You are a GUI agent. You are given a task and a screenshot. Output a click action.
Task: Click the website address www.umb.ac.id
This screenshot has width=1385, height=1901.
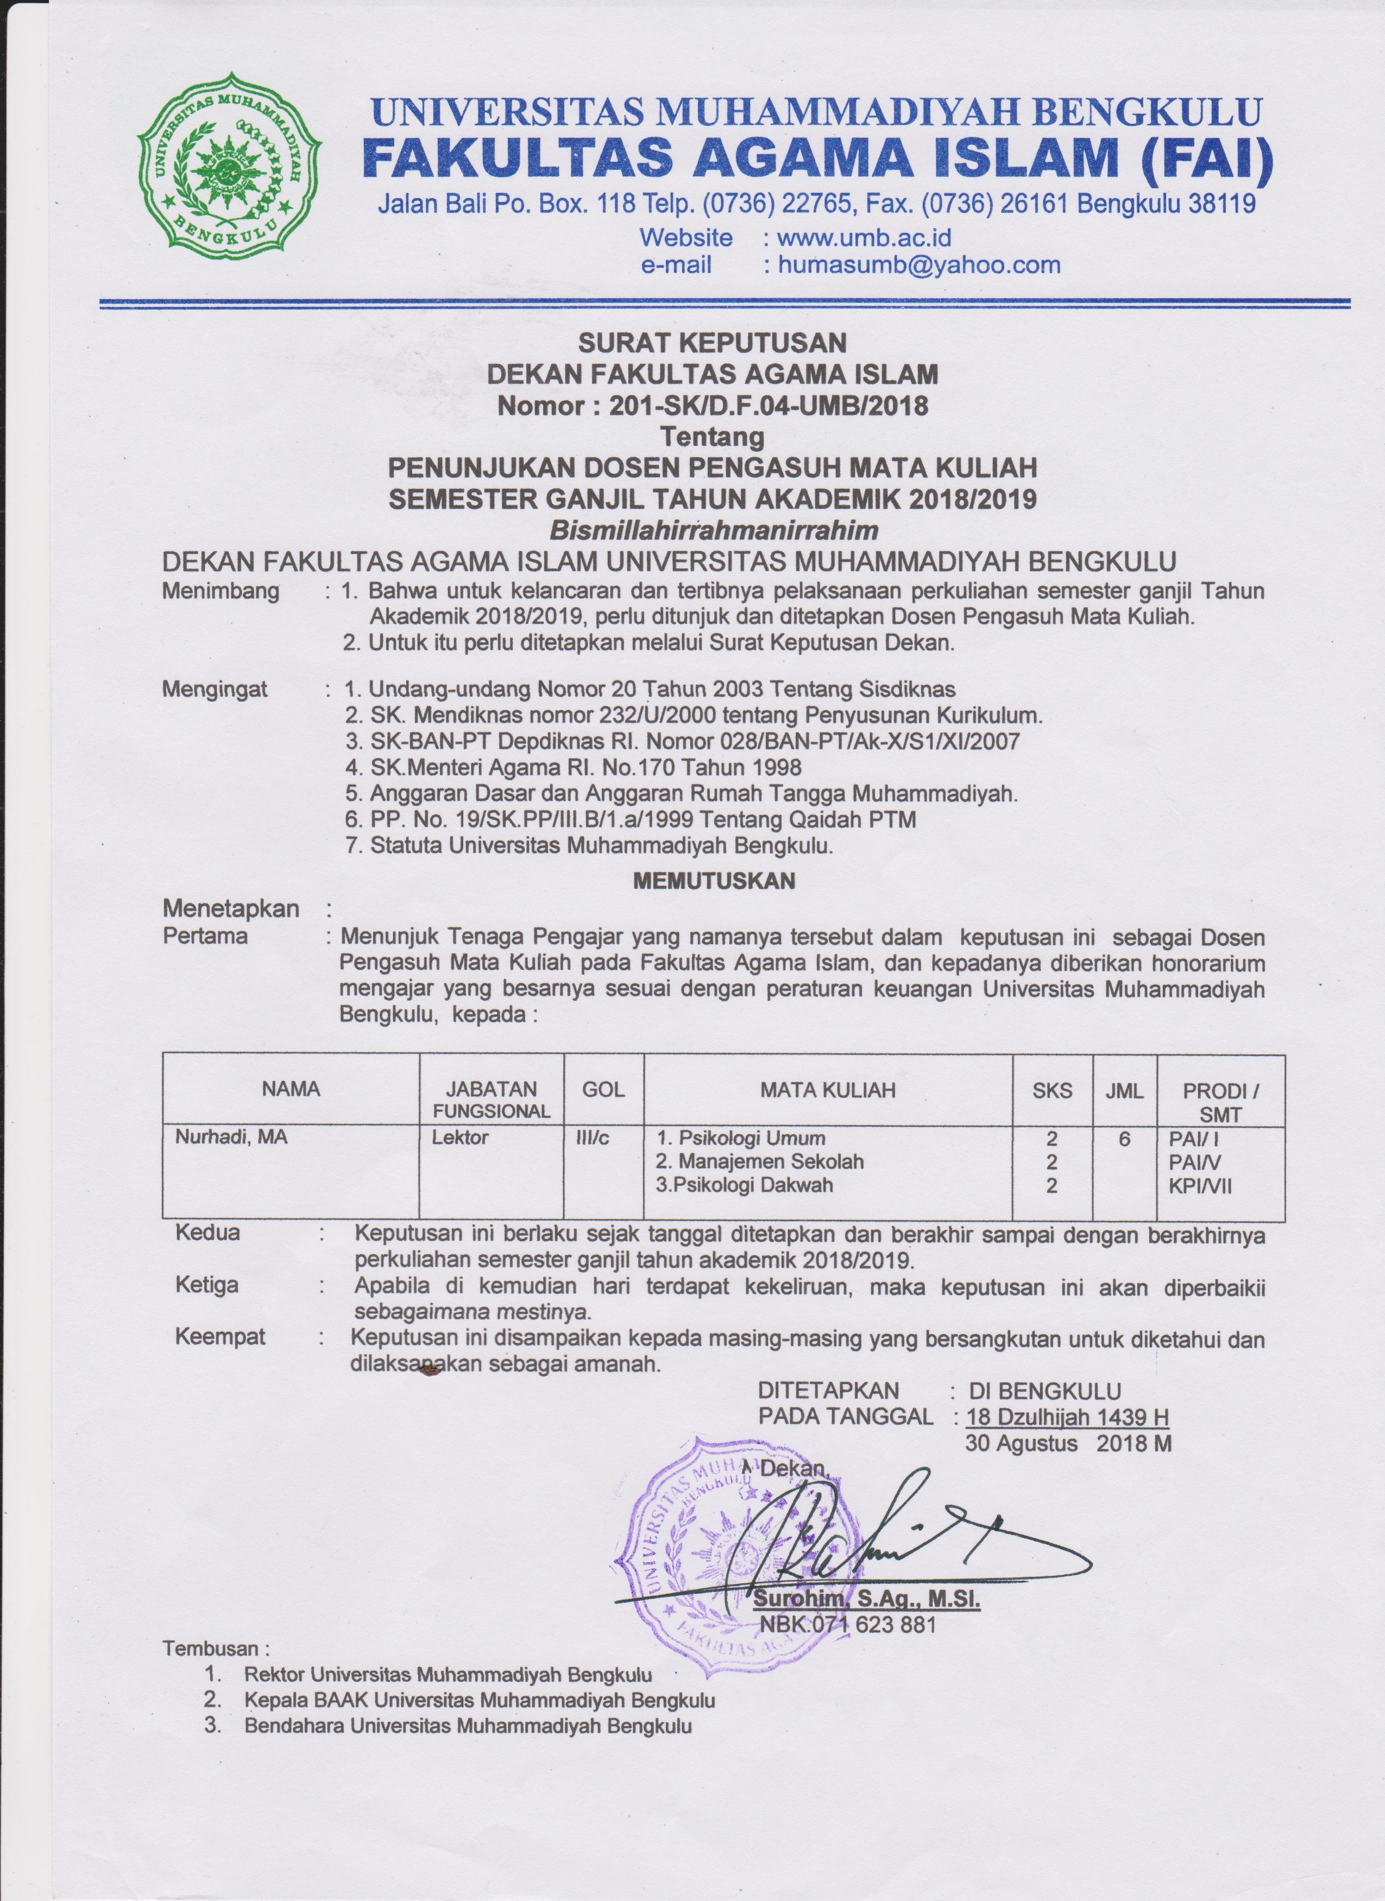864,237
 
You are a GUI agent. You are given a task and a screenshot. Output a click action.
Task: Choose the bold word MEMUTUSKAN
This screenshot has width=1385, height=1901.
714,880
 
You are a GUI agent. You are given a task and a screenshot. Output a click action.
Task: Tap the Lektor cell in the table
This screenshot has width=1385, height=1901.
460,1138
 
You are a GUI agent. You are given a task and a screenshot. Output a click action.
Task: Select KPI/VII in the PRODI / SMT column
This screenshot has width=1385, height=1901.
1200,1185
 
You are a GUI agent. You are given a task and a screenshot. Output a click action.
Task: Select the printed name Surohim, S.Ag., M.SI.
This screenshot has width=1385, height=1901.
867,1599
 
